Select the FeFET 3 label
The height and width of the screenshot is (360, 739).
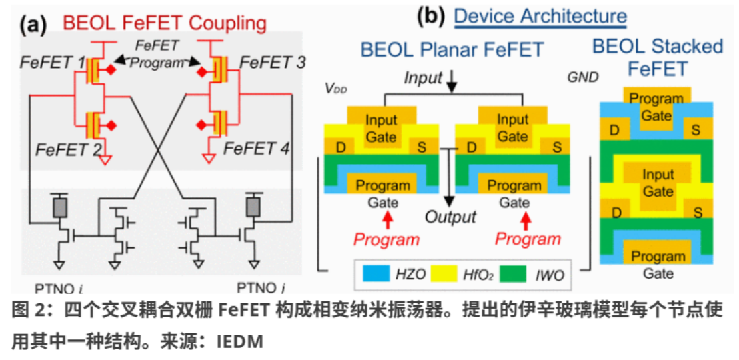pos(272,63)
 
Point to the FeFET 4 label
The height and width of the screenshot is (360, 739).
pos(256,147)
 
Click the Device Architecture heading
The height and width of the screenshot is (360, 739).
pos(540,16)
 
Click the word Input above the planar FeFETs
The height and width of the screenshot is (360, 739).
pos(423,78)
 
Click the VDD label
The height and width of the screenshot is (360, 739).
pos(333,88)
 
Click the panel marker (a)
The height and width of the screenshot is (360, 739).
pos(33,25)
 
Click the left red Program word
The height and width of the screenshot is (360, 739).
pos(386,239)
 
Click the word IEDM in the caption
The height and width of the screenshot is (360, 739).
pos(239,341)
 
